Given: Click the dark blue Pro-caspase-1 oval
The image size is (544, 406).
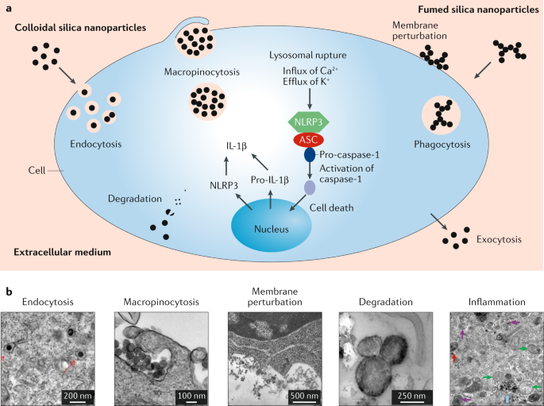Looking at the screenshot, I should pos(310,155).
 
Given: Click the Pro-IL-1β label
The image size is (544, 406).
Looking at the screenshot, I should pos(269,182).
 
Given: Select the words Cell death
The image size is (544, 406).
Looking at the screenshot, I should pos(333,207).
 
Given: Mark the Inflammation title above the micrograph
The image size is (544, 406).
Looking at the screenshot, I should pos(497,302).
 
